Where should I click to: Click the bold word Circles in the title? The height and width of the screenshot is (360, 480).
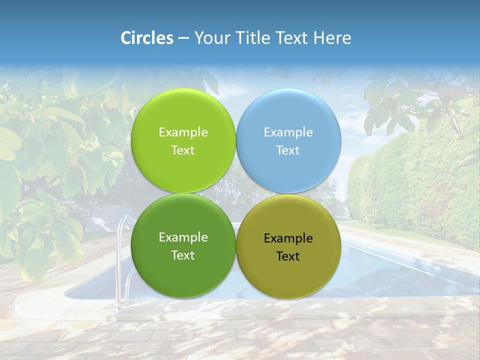click(146, 38)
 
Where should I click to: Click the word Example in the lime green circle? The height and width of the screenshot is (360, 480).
click(183, 132)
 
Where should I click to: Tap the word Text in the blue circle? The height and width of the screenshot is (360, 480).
click(288, 150)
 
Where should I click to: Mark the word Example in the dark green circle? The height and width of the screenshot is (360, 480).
click(183, 237)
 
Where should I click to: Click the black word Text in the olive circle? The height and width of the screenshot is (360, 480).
click(288, 256)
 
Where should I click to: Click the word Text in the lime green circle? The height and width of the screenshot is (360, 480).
click(183, 150)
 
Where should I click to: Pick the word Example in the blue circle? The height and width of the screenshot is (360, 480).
click(288, 132)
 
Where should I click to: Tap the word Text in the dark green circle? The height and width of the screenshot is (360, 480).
click(183, 255)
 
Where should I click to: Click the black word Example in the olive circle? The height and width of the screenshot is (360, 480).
click(288, 238)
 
